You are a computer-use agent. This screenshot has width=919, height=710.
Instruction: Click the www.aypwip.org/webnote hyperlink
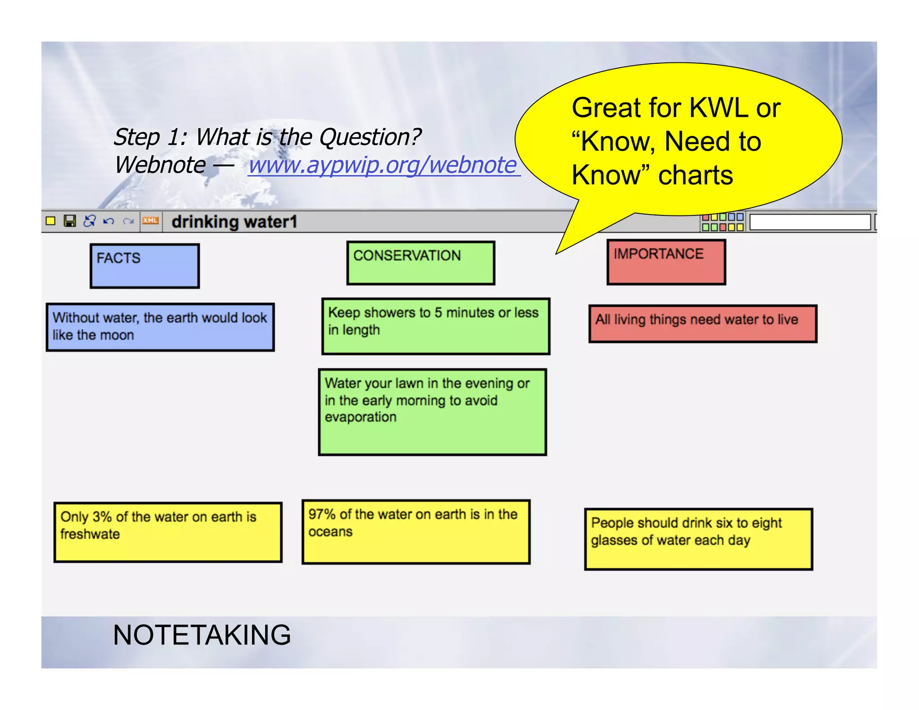pyautogui.click(x=384, y=165)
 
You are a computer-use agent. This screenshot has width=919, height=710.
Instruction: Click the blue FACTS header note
pyautogui.click(x=144, y=266)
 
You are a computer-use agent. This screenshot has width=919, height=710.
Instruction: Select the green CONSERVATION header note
pyautogui.click(x=420, y=263)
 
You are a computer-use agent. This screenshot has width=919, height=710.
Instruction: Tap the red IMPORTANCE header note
pyautogui.click(x=666, y=262)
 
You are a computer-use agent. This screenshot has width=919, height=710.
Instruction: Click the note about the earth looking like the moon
pyautogui.click(x=160, y=327)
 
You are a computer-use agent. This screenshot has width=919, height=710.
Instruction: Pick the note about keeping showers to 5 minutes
pyautogui.click(x=435, y=326)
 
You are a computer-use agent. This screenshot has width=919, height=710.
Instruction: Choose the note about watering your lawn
pyautogui.click(x=432, y=412)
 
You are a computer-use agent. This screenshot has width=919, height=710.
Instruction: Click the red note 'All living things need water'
pyautogui.click(x=702, y=324)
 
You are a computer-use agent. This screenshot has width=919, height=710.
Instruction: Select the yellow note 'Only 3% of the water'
pyautogui.click(x=168, y=532)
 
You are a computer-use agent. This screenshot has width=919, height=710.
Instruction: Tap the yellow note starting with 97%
pyautogui.click(x=416, y=532)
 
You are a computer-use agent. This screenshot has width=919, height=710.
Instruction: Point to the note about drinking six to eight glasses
pyautogui.click(x=698, y=539)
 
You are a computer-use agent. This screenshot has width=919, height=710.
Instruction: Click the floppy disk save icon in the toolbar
pyautogui.click(x=70, y=221)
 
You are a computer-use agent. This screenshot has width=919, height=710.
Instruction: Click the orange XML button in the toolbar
pyautogui.click(x=150, y=221)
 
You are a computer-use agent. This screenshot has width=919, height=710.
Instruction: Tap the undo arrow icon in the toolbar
pyautogui.click(x=108, y=221)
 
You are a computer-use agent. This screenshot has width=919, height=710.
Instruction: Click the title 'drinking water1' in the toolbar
pyautogui.click(x=234, y=222)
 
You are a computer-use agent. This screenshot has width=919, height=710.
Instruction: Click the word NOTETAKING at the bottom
pyautogui.click(x=202, y=635)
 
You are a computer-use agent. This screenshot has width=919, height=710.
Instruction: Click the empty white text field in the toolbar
pyautogui.click(x=810, y=222)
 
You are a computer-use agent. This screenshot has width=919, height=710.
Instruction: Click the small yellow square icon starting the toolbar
pyautogui.click(x=51, y=221)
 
